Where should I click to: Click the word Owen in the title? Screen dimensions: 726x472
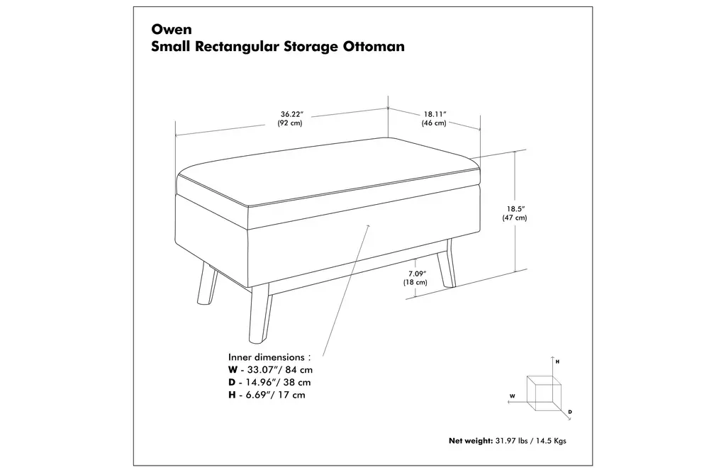tap(172, 29)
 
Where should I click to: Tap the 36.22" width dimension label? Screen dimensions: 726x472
tap(291, 114)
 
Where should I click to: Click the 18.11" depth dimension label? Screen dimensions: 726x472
tap(435, 114)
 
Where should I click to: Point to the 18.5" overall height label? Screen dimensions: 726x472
tap(515, 208)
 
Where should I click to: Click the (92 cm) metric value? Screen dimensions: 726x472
tap(290, 123)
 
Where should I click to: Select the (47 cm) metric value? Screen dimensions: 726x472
tap(515, 218)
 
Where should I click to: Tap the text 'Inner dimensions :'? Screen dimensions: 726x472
tap(269, 357)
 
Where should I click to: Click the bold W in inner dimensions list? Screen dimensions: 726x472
tap(233, 370)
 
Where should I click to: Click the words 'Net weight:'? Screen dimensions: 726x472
tap(471, 441)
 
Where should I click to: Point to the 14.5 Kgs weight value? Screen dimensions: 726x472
tap(551, 441)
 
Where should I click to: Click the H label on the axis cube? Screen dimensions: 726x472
tap(557, 361)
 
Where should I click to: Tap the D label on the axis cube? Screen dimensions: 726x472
tap(570, 412)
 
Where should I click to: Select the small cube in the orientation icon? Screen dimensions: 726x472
tap(544, 393)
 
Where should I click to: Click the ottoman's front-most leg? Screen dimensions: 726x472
tap(259, 315)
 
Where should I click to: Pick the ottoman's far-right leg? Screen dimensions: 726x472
tap(447, 264)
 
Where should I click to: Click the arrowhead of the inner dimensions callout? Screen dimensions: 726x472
tap(369, 227)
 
